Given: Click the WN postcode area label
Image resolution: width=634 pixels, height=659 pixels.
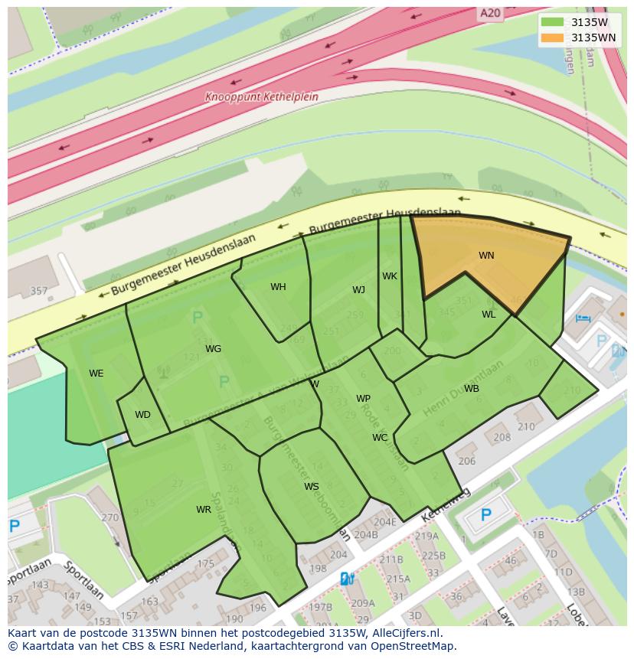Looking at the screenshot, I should (x=486, y=256).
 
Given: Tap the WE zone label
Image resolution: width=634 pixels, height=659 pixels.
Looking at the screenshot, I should (x=96, y=374).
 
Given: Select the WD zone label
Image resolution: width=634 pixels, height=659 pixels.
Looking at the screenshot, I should (x=142, y=415).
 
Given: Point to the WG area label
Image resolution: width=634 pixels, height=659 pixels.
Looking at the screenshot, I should (x=213, y=349).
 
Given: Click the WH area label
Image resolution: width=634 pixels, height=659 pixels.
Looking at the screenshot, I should (x=278, y=287).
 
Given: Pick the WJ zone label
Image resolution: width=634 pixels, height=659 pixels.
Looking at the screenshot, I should (x=358, y=289).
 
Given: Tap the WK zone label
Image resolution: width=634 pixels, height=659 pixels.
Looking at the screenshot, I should (x=390, y=276).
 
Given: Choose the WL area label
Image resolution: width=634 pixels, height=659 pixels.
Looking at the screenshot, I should (x=489, y=315).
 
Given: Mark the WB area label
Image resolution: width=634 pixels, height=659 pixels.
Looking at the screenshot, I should (x=472, y=389).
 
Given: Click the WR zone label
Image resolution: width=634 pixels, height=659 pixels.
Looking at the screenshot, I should (x=204, y=510).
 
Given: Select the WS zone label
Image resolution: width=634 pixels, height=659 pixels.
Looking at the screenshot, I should (x=312, y=487).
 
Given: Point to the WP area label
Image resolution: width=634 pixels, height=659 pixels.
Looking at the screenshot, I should (x=363, y=399).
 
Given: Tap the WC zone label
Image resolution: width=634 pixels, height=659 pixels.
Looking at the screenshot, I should (x=380, y=438).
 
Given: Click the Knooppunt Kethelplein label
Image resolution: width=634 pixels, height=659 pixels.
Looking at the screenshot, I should (x=261, y=97).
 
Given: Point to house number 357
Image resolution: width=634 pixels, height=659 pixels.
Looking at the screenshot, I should (x=38, y=291).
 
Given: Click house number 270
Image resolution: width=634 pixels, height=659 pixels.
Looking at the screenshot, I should (x=109, y=517).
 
